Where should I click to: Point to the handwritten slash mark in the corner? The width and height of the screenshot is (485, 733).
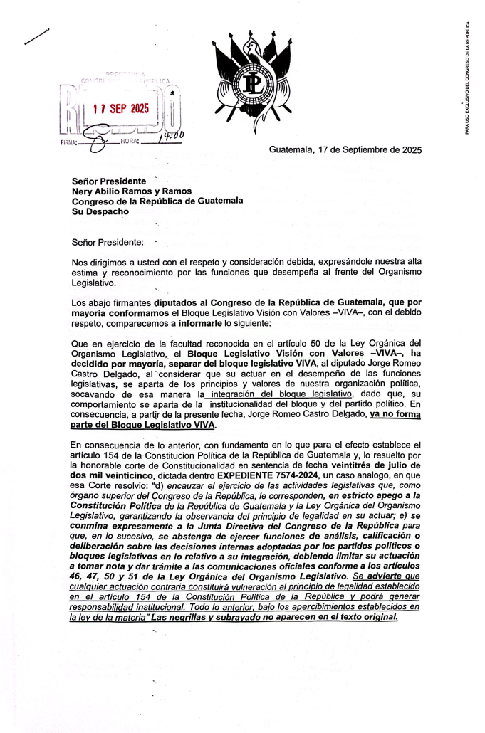click(36, 37)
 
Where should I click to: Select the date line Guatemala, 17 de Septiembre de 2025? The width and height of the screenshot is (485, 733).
click(345, 150)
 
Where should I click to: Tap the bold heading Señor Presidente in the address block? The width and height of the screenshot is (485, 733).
click(109, 181)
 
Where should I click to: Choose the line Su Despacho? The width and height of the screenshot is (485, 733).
click(100, 211)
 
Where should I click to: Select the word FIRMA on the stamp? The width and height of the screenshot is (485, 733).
click(65, 142)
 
